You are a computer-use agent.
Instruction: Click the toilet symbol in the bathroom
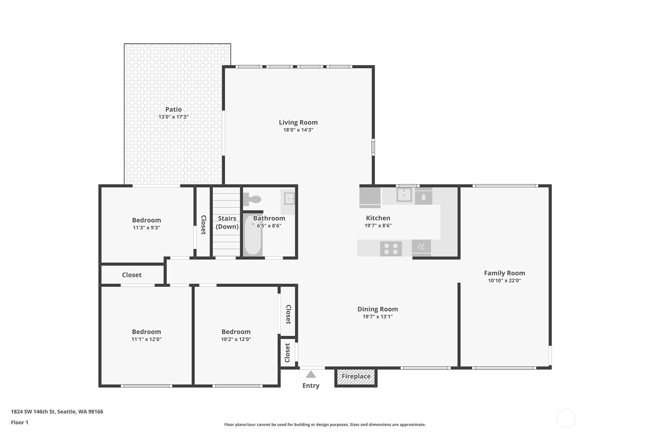252,199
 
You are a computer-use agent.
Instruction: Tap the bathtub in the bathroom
253,235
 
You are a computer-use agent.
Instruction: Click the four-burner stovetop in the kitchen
391,249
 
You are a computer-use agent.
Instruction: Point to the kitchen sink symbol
404,195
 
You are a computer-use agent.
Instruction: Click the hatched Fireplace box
356,377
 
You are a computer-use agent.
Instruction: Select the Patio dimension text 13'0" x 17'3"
174,117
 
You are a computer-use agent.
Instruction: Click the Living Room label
298,123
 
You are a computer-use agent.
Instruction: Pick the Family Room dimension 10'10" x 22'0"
504,281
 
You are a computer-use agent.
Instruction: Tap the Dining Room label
378,309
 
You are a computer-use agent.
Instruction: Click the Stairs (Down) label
227,222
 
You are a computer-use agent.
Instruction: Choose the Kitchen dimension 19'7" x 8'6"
378,225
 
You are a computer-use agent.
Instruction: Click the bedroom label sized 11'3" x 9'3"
146,220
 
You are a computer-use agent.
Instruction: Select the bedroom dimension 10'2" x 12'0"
236,339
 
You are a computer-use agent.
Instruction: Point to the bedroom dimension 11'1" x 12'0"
146,339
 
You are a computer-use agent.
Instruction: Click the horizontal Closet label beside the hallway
132,275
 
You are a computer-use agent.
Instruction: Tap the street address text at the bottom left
57,412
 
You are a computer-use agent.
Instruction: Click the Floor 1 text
20,422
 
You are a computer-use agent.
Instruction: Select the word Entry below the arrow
311,386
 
